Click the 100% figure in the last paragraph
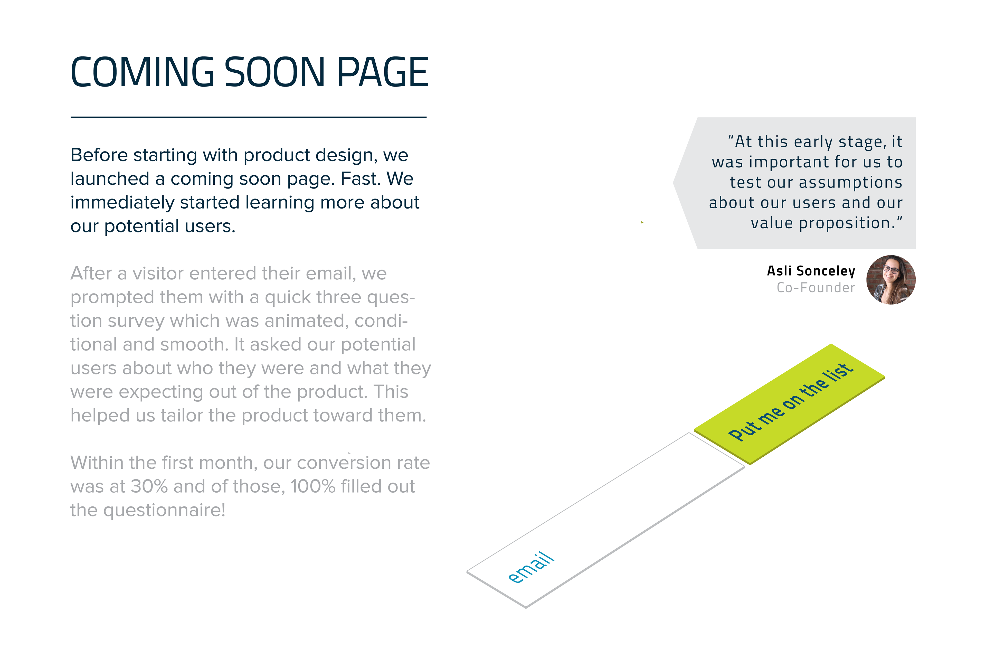click(313, 486)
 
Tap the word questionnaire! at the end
click(164, 511)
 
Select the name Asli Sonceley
click(811, 271)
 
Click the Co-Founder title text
click(816, 288)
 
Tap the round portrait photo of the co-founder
click(891, 280)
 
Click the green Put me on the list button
click(789, 404)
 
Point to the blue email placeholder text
click(531, 567)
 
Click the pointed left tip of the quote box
click(674, 183)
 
